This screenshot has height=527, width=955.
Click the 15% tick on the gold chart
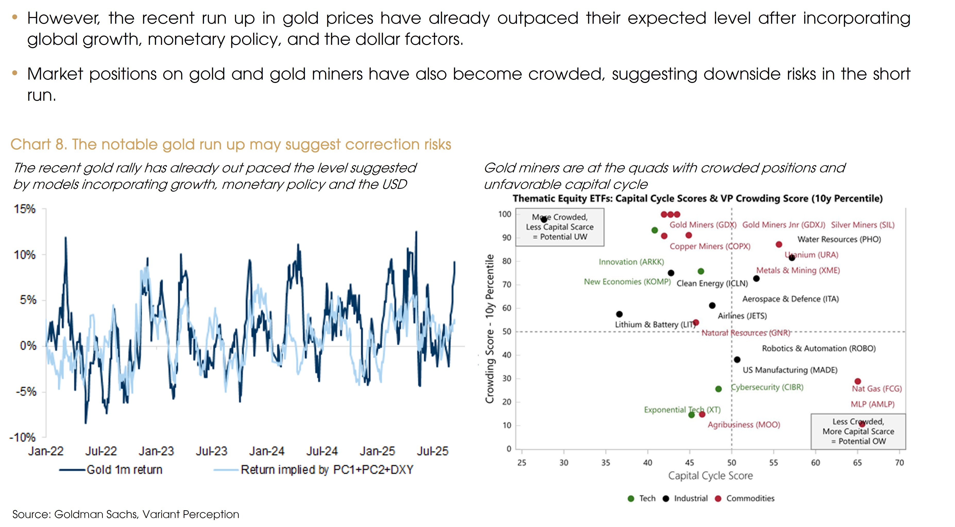[x=24, y=209]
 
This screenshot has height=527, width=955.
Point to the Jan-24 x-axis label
[x=267, y=451]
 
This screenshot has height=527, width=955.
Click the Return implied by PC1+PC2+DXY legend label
[x=327, y=470]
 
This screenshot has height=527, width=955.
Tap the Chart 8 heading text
[x=231, y=144]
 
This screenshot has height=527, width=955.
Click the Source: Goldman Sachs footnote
[x=126, y=514]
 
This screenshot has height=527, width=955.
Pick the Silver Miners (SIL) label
[x=862, y=225]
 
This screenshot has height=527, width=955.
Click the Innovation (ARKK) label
[x=631, y=262]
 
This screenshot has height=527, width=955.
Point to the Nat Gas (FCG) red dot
[x=857, y=381]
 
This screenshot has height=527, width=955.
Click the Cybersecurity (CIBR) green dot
[x=718, y=389]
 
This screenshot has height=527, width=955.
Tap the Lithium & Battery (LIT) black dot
[x=619, y=314]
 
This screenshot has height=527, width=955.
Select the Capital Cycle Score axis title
[x=710, y=476]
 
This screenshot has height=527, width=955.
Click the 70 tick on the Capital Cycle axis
[x=899, y=462]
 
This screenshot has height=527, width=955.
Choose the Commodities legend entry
[x=750, y=498]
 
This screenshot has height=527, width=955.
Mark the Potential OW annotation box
[x=858, y=432]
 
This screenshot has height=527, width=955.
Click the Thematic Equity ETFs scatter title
[x=697, y=198]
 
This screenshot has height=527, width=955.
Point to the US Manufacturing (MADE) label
[x=790, y=370]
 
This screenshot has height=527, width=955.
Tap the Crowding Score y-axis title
[x=490, y=329]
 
